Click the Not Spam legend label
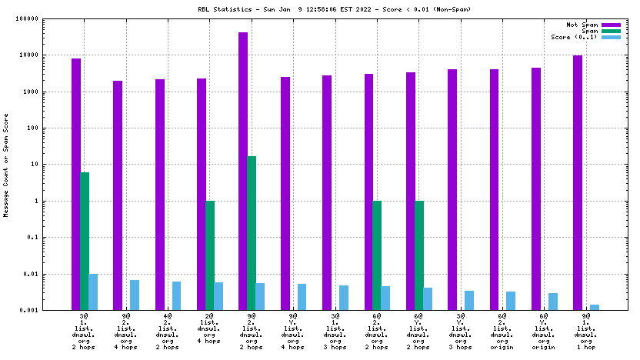tap(582, 25)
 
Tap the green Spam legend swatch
tap(611, 31)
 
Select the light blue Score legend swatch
tap(611, 37)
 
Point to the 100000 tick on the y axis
tap(45, 19)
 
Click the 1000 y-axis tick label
tap(49, 92)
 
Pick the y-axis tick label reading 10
tap(54, 165)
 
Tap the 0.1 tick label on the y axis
tap(52, 238)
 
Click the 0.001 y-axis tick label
tap(48, 310)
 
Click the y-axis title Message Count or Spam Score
tap(6, 165)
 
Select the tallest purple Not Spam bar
tap(243, 171)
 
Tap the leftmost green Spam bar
tap(85, 241)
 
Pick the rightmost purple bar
tap(578, 182)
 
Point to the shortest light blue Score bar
tap(595, 307)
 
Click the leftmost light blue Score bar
tap(93, 292)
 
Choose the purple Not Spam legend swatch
tap(611, 25)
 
